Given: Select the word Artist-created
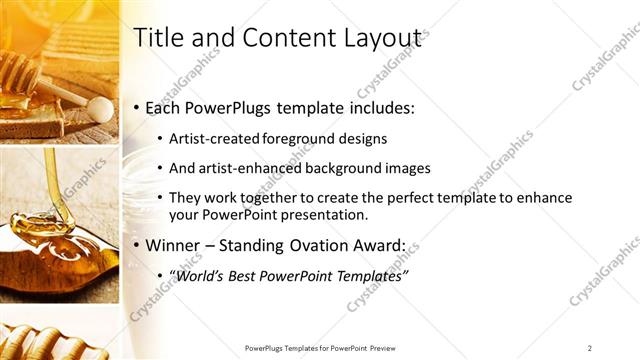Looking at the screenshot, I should click(211, 137).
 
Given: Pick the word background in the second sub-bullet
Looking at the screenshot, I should click(345, 167).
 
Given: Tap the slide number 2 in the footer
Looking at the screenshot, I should click(590, 347).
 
